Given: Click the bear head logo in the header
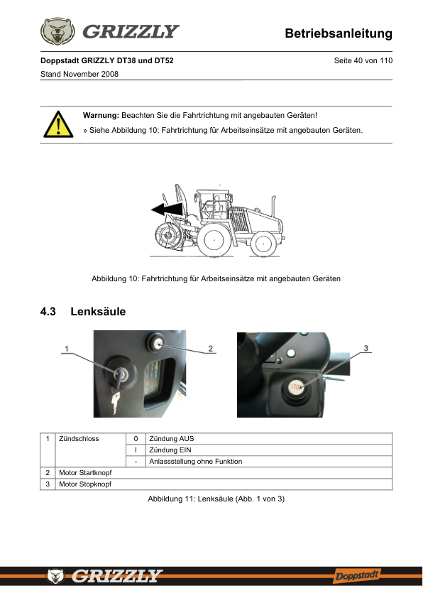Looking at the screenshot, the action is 57,31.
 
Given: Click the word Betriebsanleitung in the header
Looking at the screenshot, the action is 339,33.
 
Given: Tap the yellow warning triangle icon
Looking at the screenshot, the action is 58,124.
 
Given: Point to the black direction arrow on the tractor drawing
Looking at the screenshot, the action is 167,209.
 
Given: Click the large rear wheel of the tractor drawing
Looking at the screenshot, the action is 214,240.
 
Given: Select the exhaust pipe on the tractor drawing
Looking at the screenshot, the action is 273,205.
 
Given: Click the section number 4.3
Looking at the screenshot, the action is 48,312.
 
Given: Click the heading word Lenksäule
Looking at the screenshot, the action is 98,312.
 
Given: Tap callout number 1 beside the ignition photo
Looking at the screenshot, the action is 67,349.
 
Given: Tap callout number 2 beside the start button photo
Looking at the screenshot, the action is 210,349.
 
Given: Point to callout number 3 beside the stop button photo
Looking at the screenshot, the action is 366,348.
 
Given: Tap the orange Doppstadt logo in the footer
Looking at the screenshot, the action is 357,575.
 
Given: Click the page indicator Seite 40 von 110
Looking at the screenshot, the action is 363,60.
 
